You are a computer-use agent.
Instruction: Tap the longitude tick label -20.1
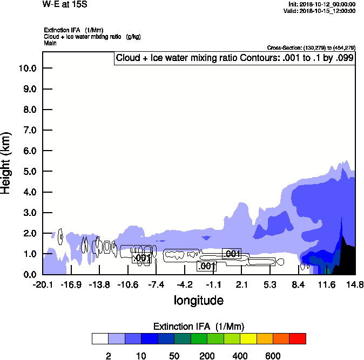coord(43,284)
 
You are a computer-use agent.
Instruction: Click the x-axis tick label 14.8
coord(355,284)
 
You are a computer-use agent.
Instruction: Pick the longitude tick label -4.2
coord(185,284)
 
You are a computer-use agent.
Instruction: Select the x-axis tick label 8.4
coord(299,284)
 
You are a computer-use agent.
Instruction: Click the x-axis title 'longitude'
coord(198,300)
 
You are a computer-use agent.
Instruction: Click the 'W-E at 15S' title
coord(65,4)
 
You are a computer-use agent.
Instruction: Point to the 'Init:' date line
coord(322,4)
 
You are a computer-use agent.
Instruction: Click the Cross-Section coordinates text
coord(311,48)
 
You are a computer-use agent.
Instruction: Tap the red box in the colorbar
coord(298,339)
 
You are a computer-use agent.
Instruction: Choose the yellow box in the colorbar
coord(248,339)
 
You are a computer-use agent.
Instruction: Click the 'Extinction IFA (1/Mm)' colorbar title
coord(199,327)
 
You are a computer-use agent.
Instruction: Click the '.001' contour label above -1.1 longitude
coord(207,266)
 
